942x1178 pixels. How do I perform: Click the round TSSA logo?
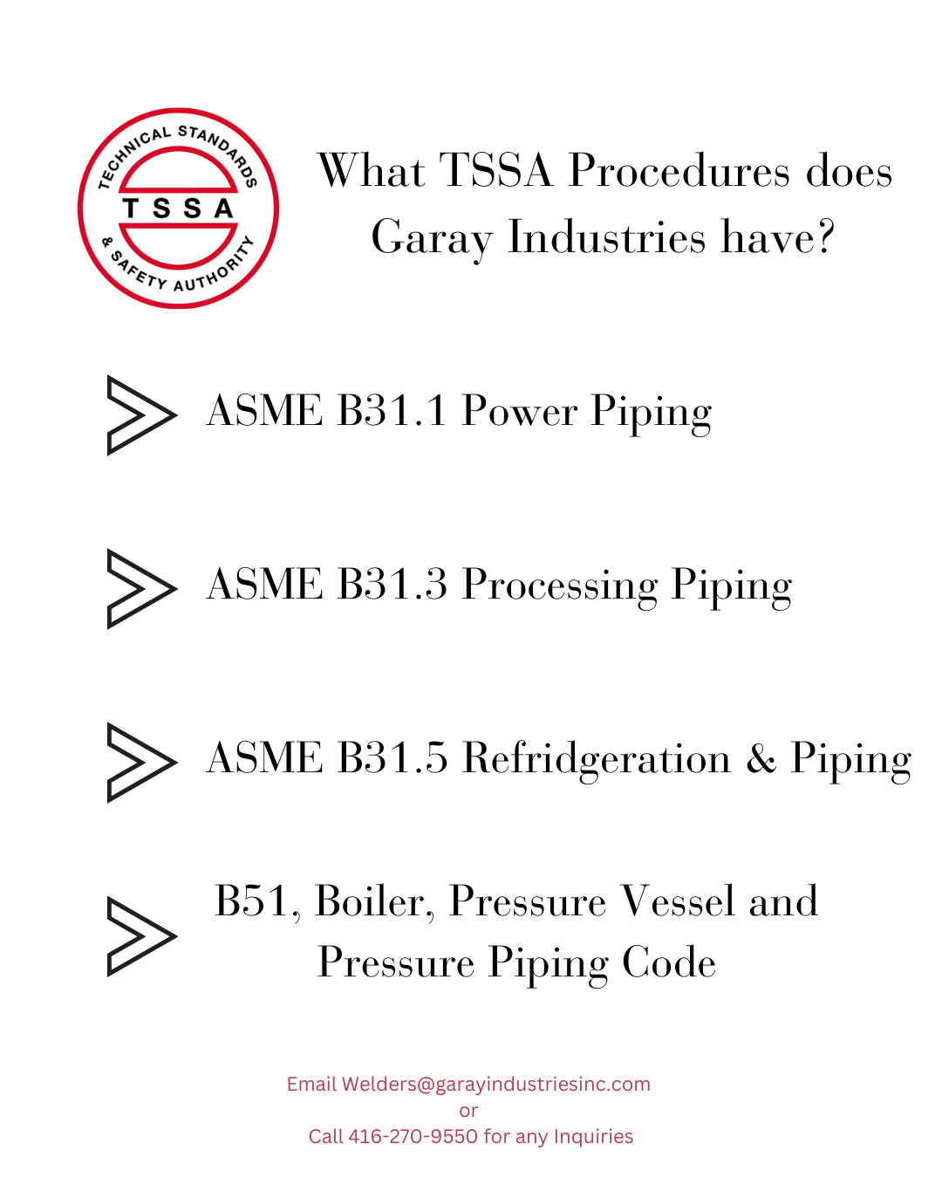[x=178, y=209]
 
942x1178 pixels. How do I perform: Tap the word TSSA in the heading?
[x=495, y=170]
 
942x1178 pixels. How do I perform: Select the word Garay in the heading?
[x=431, y=237]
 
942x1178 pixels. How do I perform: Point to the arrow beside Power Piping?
[x=140, y=414]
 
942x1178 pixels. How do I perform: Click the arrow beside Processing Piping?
[x=140, y=588]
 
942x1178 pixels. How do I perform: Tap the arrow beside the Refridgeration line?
[x=140, y=762]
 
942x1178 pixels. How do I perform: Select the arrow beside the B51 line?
[x=140, y=935]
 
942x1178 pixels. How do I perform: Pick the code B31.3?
[x=392, y=584]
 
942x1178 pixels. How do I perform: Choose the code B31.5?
[x=392, y=757]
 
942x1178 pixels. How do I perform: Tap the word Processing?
[x=559, y=584]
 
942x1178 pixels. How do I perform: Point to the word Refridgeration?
[x=597, y=757]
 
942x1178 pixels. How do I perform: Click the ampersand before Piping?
[x=761, y=757]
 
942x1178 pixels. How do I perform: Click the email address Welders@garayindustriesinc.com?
[x=495, y=1084]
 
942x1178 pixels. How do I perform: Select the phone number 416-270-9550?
[x=413, y=1136]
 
